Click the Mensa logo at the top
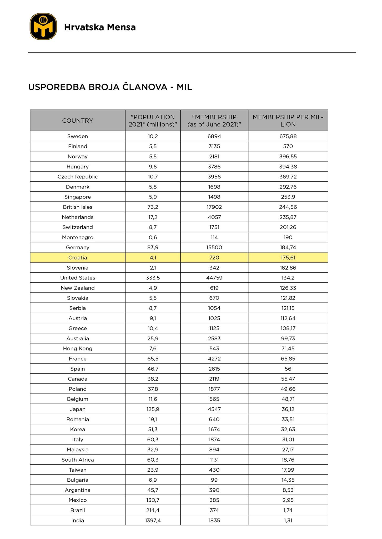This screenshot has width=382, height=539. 43,27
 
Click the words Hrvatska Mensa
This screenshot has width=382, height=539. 100,27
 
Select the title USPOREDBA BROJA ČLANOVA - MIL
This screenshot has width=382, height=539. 110,87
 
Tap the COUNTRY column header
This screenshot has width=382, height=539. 78,121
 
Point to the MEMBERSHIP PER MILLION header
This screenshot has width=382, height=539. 288,121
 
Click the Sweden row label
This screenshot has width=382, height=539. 78,136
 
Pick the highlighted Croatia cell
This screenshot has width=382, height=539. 78,258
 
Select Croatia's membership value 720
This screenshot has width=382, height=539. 214,258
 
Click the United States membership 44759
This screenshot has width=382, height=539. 214,278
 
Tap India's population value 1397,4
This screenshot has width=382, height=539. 153,520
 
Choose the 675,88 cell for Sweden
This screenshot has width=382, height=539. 288,136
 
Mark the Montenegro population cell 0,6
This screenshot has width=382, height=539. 153,237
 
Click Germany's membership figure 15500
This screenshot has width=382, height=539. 214,247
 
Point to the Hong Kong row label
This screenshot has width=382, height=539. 78,348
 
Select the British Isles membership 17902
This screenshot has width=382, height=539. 214,207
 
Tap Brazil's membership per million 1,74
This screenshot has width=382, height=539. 288,510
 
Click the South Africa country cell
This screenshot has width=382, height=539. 78,460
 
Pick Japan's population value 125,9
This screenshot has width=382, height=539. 153,409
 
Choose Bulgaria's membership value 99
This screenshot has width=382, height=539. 214,480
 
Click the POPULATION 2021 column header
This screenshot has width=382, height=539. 153,121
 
